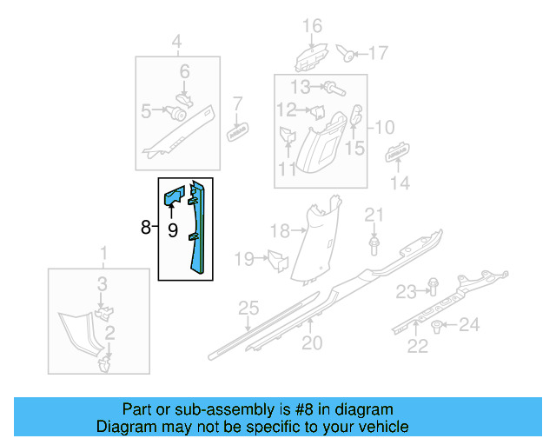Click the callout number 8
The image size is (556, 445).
pyautogui.click(x=145, y=228)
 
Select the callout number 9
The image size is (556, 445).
pyautogui.click(x=172, y=230)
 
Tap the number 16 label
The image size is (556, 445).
pyautogui.click(x=311, y=25)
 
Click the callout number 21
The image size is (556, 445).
pyautogui.click(x=373, y=215)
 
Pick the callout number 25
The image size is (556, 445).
pyautogui.click(x=249, y=309)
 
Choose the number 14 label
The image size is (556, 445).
pyautogui.click(x=400, y=183)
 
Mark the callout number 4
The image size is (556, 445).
pyautogui.click(x=176, y=41)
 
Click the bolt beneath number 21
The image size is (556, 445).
pyautogui.click(x=374, y=247)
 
